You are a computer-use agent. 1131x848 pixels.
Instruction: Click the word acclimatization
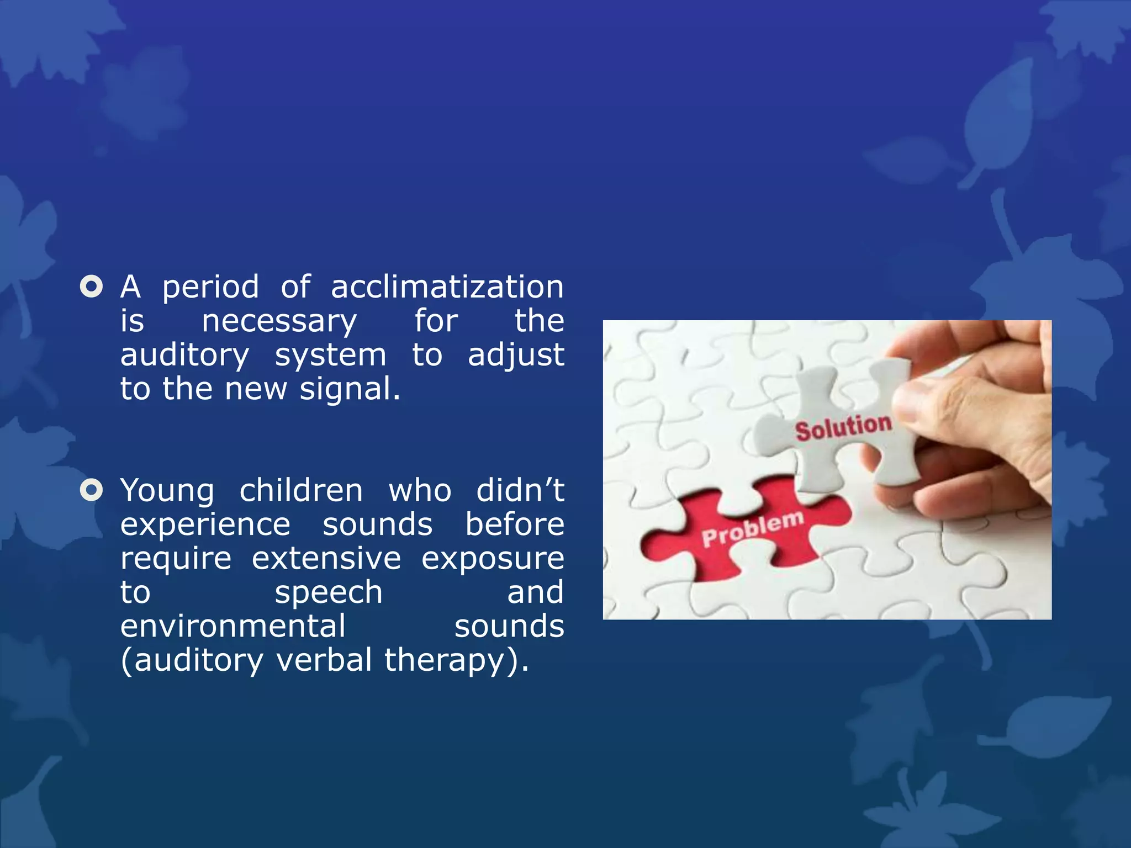447,287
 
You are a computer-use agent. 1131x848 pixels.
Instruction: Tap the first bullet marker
92,287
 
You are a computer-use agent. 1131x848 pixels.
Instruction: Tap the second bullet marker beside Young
92,490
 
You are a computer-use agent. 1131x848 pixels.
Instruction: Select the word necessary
279,322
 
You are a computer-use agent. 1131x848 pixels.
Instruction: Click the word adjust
516,355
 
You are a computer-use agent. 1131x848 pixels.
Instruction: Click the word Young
167,491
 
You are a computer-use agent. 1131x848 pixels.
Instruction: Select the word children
301,490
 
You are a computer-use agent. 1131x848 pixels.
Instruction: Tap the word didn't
520,490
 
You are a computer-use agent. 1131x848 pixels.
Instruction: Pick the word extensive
326,559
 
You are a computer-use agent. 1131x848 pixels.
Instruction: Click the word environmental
232,627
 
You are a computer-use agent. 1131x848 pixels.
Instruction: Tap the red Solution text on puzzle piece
843,427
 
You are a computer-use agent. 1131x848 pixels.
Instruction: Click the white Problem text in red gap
752,528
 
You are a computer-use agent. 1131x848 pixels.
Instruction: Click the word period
210,288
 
